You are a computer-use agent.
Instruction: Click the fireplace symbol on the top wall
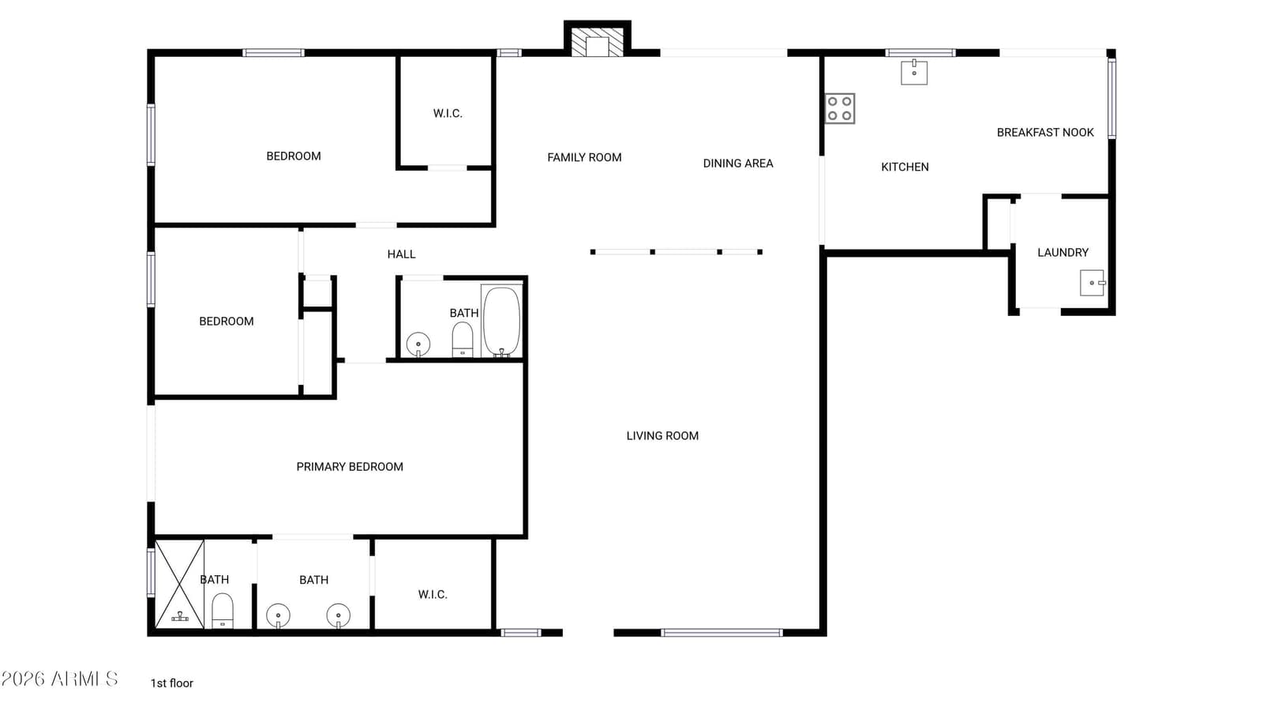[597, 39]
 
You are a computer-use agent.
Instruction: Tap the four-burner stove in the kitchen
[840, 108]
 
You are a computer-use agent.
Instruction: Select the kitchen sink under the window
[914, 72]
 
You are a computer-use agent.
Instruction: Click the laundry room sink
[1092, 283]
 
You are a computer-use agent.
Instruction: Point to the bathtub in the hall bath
[501, 322]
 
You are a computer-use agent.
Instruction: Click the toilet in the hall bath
[463, 339]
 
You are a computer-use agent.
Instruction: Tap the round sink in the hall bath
[418, 344]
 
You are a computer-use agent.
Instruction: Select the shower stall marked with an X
[179, 584]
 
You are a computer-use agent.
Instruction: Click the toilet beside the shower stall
[222, 611]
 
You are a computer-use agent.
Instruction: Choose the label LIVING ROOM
[662, 435]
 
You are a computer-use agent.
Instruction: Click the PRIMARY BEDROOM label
[350, 467]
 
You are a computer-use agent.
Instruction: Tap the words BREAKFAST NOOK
[1045, 133]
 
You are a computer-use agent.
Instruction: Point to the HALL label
[402, 254]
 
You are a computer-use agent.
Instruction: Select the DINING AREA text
[737, 164]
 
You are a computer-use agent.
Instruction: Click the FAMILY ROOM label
[584, 157]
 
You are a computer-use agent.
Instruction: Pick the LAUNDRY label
[1062, 253]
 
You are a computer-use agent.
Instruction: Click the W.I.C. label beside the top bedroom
[448, 114]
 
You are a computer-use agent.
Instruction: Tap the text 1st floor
[171, 683]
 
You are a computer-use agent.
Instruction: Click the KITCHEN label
[905, 167]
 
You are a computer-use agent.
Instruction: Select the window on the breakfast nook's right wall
[1112, 99]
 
